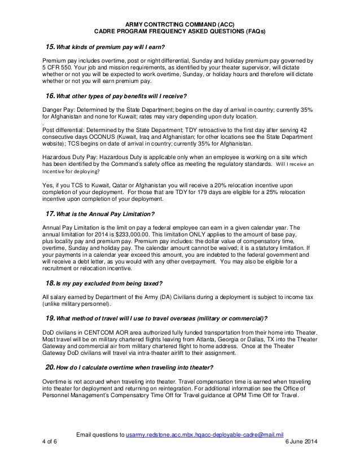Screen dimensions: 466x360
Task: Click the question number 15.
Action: pos(50,46)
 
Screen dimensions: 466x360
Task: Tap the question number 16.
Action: pos(50,95)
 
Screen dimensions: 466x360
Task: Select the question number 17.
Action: pos(50,214)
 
